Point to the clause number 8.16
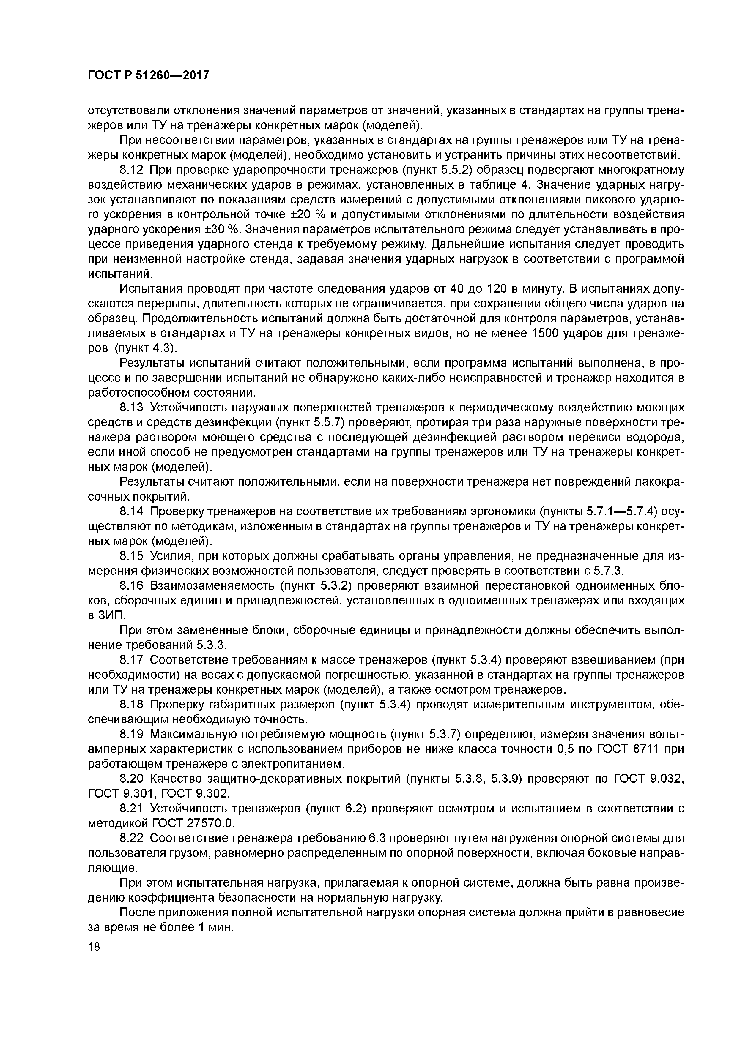click(131, 586)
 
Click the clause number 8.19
click(131, 734)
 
